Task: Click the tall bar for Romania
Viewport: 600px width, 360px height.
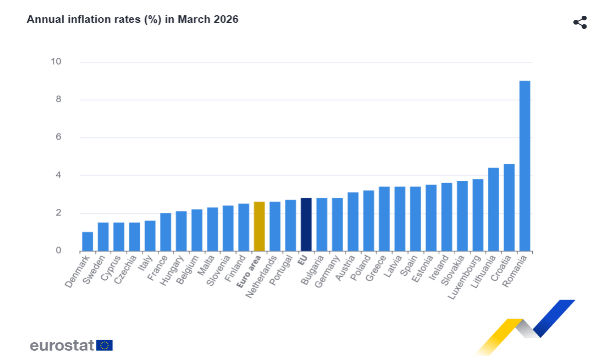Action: click(525, 166)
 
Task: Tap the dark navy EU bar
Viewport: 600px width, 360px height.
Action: click(306, 224)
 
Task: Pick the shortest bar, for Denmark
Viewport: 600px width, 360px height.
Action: click(87, 241)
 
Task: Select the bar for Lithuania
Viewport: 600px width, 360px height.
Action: click(493, 209)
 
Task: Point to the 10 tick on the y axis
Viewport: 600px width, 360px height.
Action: click(56, 62)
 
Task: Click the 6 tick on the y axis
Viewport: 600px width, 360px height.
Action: click(58, 137)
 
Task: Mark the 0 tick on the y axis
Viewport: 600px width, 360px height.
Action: click(58, 251)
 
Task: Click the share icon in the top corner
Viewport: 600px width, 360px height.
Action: click(579, 22)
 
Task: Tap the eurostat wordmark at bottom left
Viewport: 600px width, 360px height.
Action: click(61, 345)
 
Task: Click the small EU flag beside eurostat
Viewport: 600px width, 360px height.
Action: click(105, 345)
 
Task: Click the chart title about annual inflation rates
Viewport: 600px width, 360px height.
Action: click(132, 19)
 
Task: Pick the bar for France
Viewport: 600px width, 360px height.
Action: click(165, 232)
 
